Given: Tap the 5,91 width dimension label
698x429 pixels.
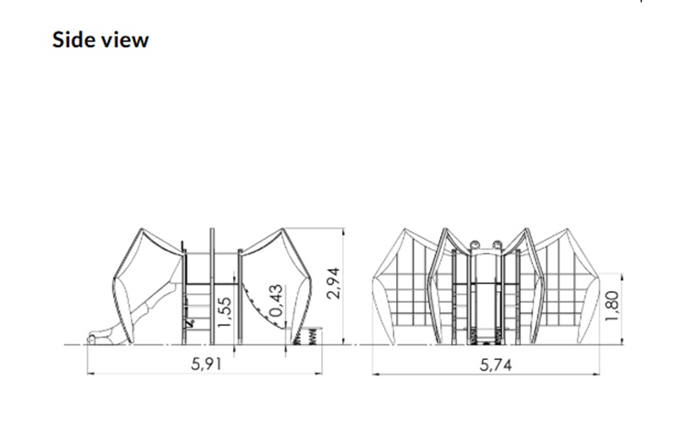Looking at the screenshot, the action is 206,364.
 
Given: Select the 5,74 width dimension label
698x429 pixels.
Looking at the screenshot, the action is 496,365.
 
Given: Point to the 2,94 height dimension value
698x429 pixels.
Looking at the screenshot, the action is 333,283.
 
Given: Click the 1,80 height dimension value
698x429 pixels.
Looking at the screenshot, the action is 612,306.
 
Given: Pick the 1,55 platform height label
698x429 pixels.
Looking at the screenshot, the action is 225,312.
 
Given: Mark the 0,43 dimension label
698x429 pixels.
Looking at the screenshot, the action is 276,301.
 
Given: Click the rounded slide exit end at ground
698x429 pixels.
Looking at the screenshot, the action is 92,339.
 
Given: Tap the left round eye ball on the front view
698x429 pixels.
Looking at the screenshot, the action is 475,244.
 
